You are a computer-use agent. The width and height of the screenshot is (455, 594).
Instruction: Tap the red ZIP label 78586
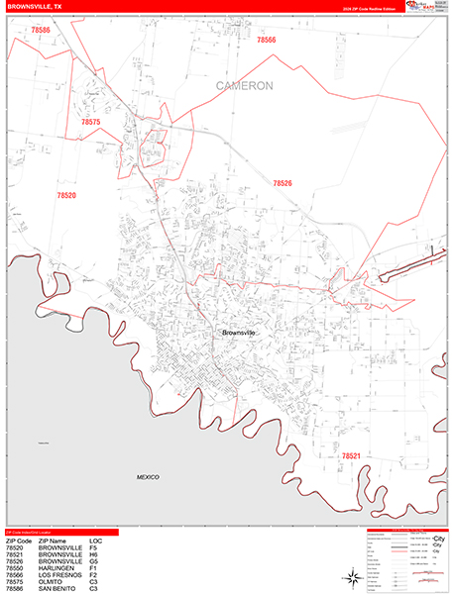pos(40,31)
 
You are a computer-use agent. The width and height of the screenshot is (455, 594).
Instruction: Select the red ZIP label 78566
pos(266,41)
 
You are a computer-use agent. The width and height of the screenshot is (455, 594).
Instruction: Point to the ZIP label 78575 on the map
pos(90,122)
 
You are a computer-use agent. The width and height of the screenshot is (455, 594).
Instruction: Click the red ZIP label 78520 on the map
pos(65,196)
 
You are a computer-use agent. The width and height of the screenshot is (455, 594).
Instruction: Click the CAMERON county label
pos(244,86)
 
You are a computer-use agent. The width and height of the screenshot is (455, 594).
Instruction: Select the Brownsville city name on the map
pos(238,333)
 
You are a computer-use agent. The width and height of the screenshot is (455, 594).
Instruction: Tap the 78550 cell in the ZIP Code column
pos(14,567)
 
